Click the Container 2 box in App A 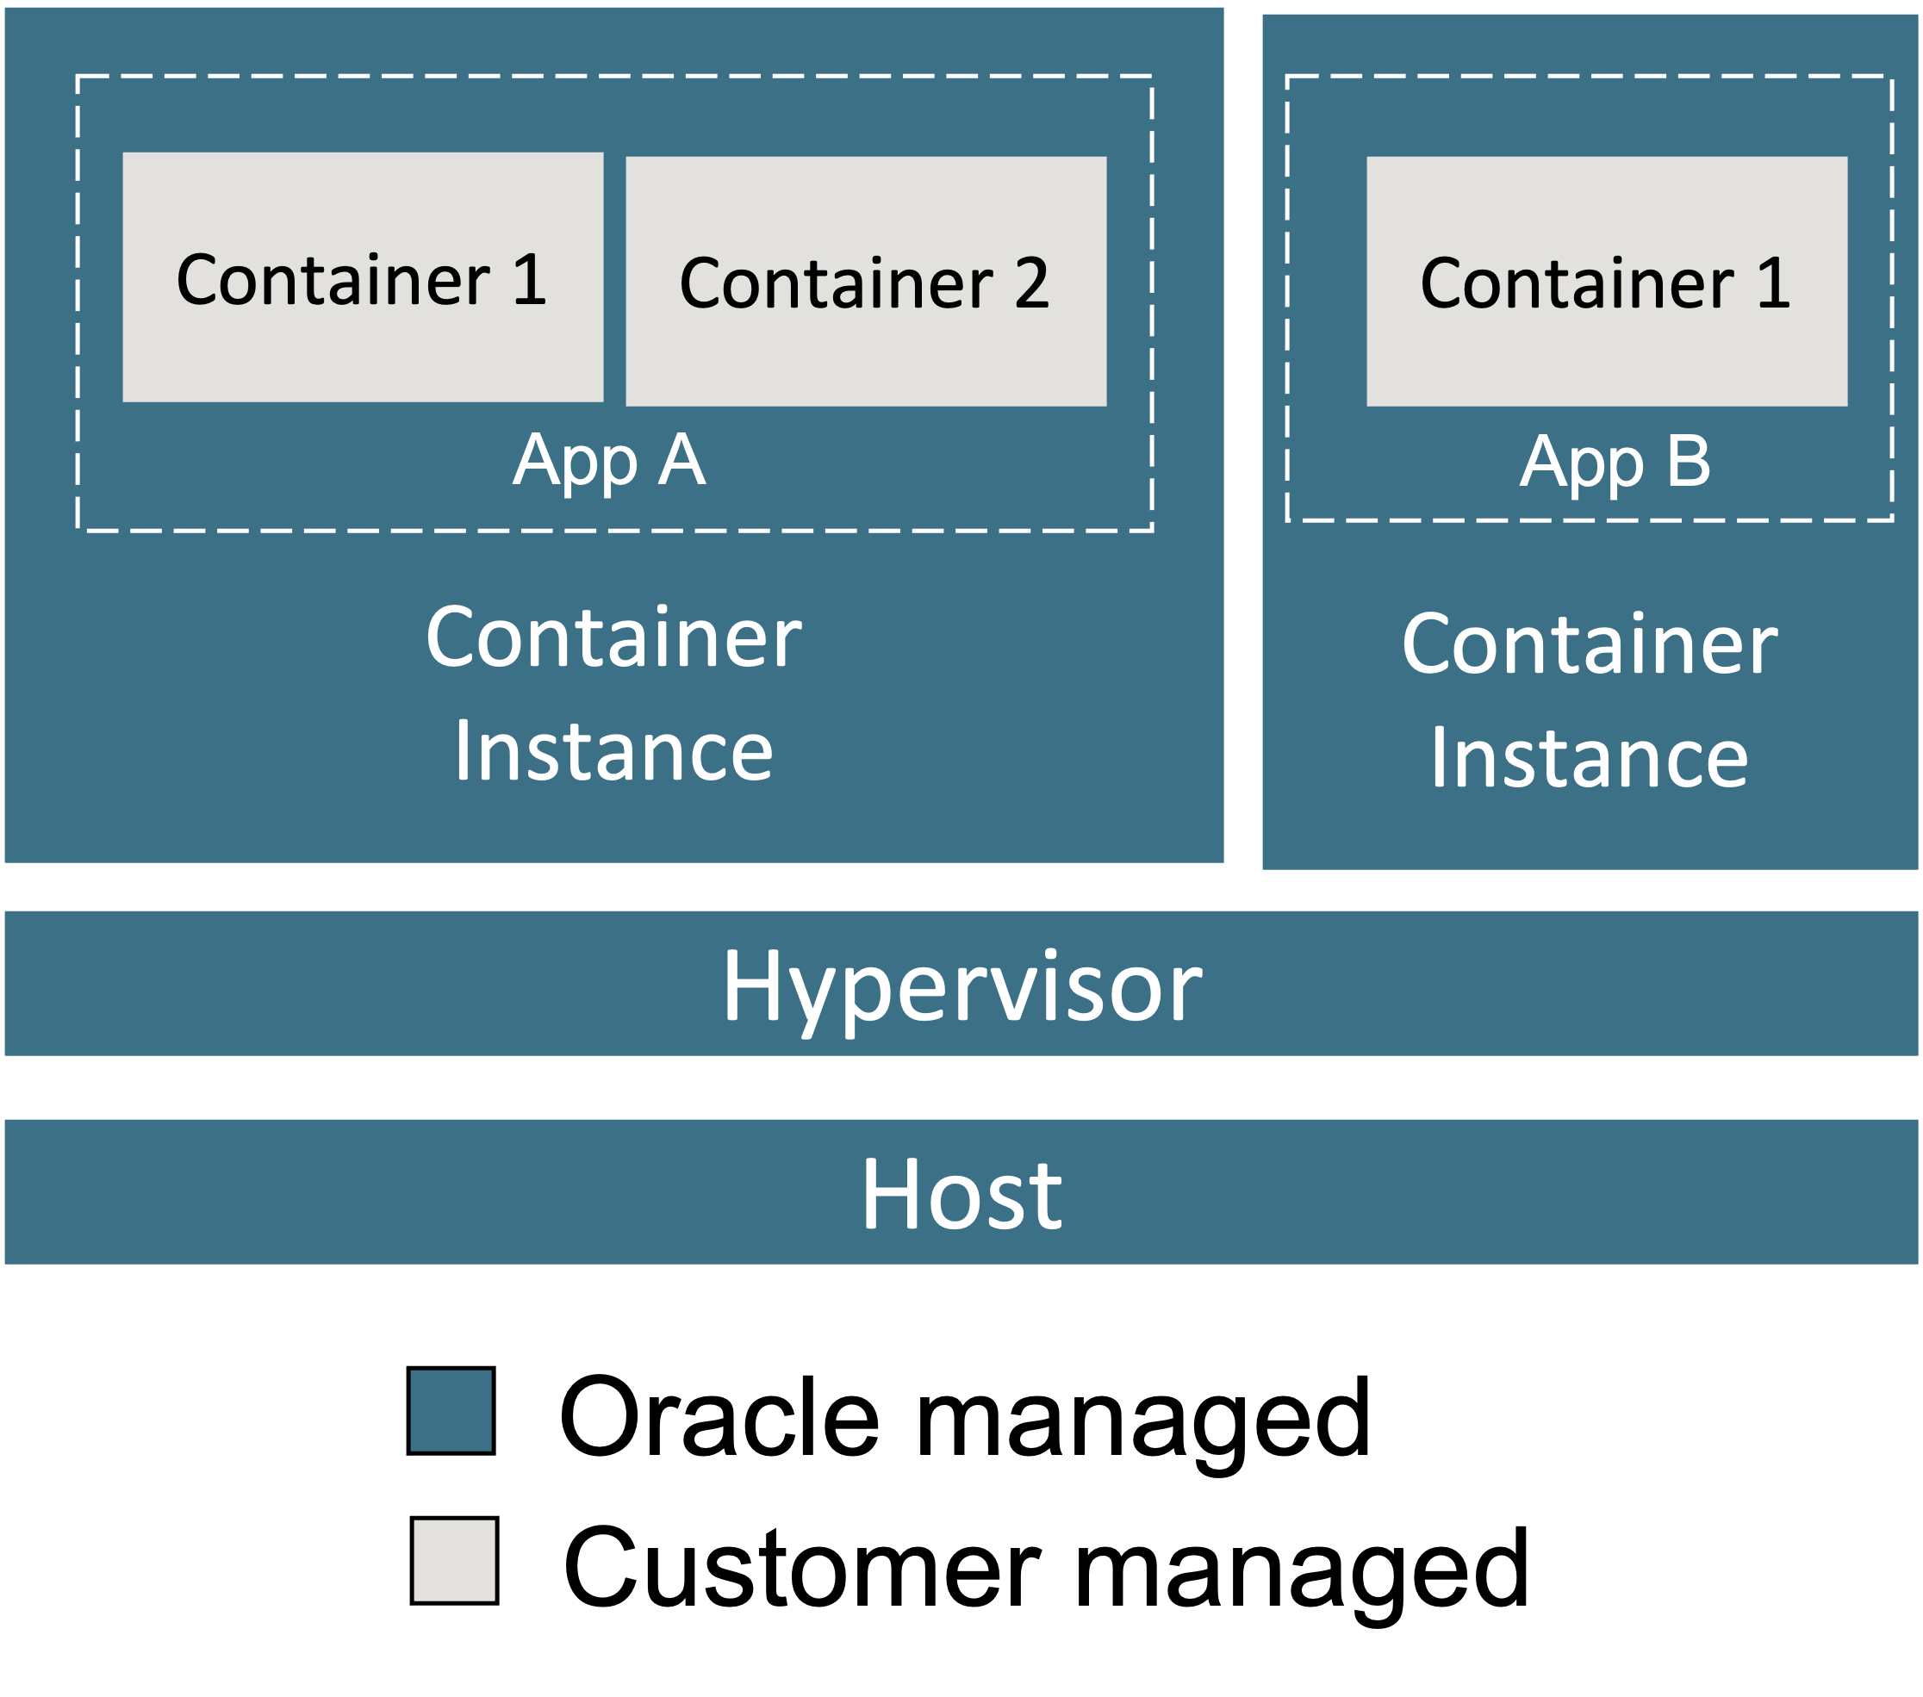(x=866, y=282)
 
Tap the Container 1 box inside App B (x=1607, y=282)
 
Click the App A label (x=610, y=460)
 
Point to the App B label (x=1615, y=461)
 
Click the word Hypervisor (x=961, y=985)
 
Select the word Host (x=961, y=1194)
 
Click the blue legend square (x=451, y=1410)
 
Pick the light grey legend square (x=454, y=1560)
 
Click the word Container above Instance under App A (x=613, y=637)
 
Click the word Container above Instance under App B (x=1590, y=643)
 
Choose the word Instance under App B (x=1590, y=757)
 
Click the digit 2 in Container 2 (x=1031, y=283)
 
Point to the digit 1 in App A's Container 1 (x=530, y=279)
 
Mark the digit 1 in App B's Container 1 (x=1773, y=283)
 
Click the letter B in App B (x=1689, y=461)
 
